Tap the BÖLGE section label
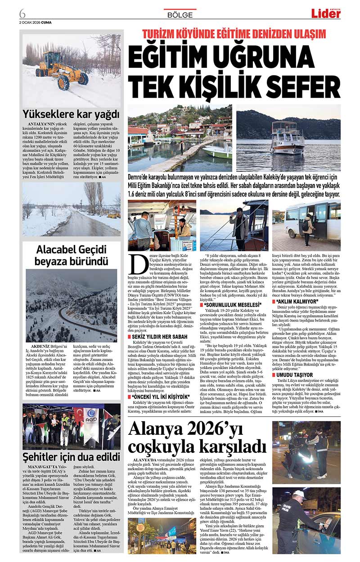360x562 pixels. [x=180, y=15]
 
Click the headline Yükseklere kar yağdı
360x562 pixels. [x=72, y=113]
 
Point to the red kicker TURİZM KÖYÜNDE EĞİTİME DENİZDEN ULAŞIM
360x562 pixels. [x=234, y=34]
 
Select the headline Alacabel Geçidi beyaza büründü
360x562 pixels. [x=72, y=255]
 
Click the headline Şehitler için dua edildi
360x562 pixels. [x=72, y=457]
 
